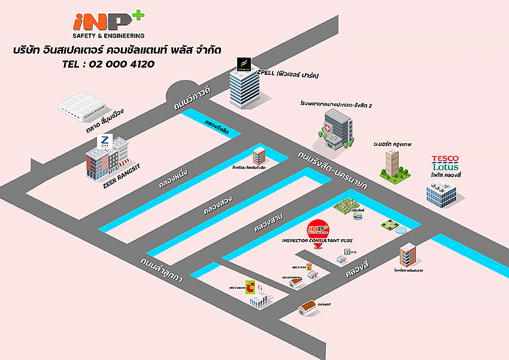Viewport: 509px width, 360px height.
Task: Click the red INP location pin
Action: [x=318, y=230]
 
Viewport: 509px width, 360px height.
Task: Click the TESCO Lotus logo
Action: [x=445, y=163]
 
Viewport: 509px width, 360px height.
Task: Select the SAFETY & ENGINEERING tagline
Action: [x=108, y=35]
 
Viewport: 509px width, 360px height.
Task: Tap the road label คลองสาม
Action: [x=268, y=222]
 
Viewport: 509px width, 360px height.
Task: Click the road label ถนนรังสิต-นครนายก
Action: [x=333, y=169]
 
